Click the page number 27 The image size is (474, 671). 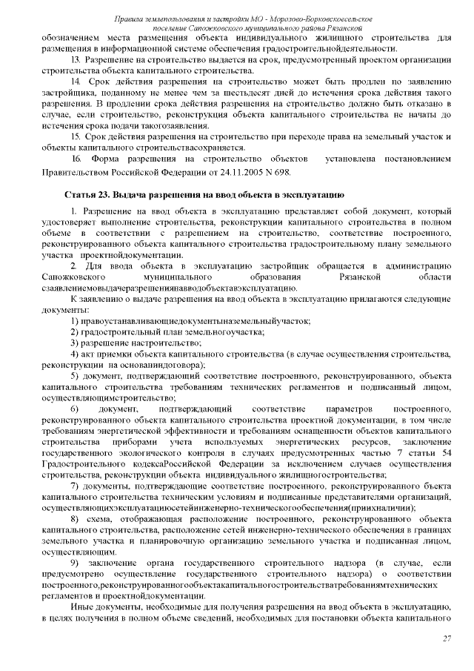[447, 639]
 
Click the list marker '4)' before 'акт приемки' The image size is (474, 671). [76, 354]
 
